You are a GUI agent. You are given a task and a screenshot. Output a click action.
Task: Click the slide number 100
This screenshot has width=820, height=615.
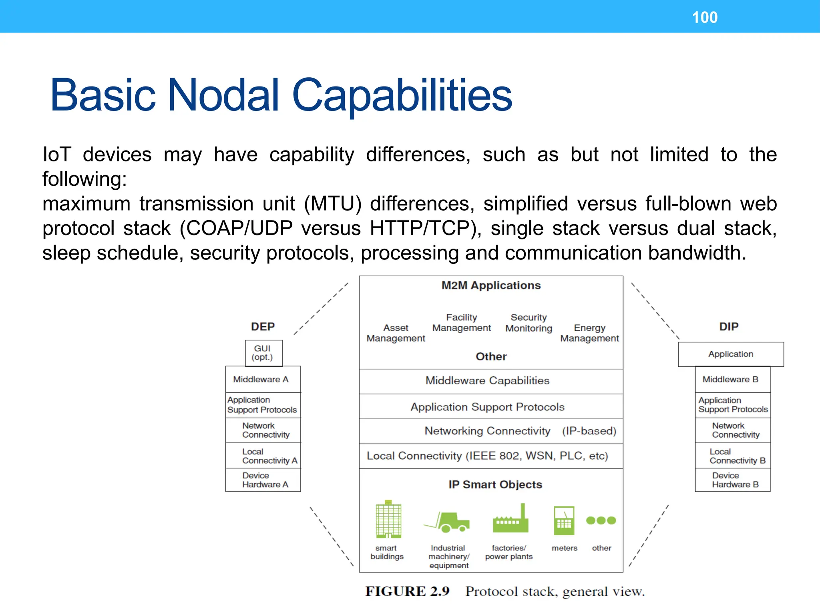[x=705, y=18]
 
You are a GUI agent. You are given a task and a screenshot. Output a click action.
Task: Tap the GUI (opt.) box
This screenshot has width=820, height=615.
[x=263, y=353]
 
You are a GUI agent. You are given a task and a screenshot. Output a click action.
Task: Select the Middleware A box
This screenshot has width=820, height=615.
[x=263, y=379]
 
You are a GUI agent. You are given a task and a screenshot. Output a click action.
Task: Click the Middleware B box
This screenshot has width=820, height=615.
[x=732, y=379]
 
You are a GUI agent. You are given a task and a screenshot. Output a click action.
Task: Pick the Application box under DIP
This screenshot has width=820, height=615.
[x=731, y=354]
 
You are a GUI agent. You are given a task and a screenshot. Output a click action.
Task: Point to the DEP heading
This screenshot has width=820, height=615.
[x=263, y=327]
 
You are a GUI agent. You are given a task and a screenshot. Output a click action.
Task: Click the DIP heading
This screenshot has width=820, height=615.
[x=729, y=327]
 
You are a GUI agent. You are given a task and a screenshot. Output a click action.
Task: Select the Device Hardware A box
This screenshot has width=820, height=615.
[x=263, y=480]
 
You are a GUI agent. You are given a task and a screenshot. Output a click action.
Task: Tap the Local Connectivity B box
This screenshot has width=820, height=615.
[x=732, y=456]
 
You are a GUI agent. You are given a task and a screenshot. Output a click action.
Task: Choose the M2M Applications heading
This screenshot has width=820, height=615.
[x=491, y=285]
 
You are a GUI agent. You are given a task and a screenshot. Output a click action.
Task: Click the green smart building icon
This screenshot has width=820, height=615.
[x=388, y=519]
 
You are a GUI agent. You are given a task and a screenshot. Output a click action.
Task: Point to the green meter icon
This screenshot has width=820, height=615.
[x=564, y=521]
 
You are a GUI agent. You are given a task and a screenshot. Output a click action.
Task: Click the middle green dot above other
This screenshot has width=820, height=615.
[x=601, y=521]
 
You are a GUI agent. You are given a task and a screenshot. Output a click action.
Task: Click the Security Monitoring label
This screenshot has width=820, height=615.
[x=529, y=323]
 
